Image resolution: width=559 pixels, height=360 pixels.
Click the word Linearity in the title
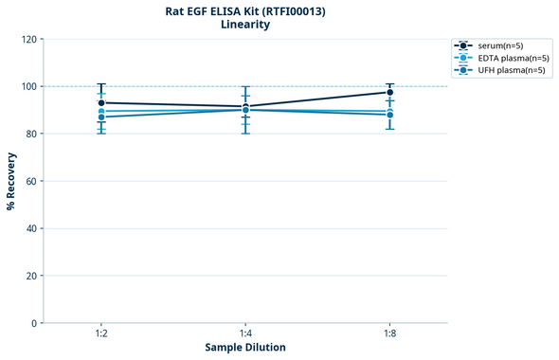[244, 25]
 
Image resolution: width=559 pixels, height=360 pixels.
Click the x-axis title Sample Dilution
[245, 348]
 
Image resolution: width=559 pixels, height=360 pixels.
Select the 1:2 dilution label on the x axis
[100, 333]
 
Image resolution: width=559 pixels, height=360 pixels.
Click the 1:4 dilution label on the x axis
[245, 333]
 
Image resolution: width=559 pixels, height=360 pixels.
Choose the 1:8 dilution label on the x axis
[390, 333]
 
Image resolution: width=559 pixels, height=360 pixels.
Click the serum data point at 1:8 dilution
[390, 92]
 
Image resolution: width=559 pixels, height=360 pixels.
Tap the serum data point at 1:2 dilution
[100, 102]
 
